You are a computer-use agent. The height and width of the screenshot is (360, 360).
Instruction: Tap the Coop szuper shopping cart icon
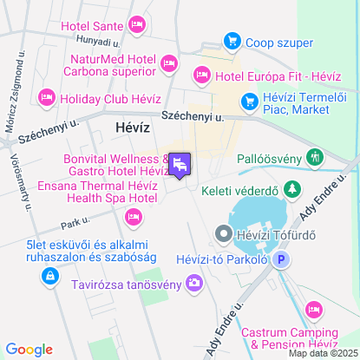[x=232, y=40]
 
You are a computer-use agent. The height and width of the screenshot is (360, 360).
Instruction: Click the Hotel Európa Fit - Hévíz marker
[x=201, y=75]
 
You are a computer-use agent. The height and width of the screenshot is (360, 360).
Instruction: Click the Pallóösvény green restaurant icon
[x=314, y=159]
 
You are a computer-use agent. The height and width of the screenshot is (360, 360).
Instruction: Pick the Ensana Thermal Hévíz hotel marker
[x=134, y=216]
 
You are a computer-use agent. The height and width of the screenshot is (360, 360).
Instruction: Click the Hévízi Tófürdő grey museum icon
[x=223, y=232]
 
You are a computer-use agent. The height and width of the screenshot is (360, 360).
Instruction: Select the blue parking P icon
[x=281, y=259]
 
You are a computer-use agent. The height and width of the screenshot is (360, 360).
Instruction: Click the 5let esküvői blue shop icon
[x=49, y=276]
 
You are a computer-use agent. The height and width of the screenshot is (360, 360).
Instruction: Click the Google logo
[x=29, y=350]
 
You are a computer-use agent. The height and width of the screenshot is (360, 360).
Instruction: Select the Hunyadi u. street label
[x=96, y=40]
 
